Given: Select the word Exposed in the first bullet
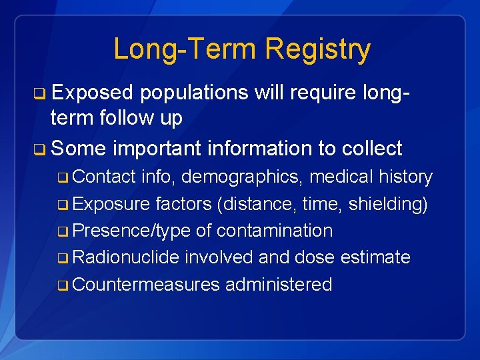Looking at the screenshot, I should click(93, 93).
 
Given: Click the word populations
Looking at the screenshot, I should click(194, 93).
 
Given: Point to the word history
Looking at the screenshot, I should click(405, 177).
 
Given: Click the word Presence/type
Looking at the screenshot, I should click(131, 231).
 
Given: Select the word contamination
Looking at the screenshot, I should click(275, 231).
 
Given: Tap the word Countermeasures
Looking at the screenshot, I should click(145, 285).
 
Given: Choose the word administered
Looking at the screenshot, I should click(279, 285).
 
